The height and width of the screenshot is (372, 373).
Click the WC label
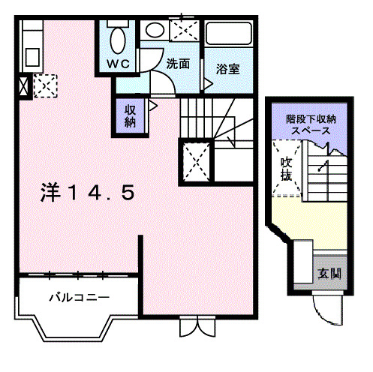pyautogui.click(x=118, y=64)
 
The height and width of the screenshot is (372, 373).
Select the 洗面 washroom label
pyautogui.click(x=179, y=64)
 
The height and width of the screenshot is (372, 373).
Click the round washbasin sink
pyautogui.click(x=154, y=31)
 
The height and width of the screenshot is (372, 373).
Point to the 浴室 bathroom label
pyautogui.click(x=227, y=68)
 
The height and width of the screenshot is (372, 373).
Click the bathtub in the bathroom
pyautogui.click(x=229, y=36)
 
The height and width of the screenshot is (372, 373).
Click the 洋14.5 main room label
pyautogui.click(x=88, y=193)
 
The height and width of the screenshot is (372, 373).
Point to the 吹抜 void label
pyautogui.click(x=286, y=169)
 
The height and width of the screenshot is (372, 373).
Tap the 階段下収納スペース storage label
pyautogui.click(x=310, y=124)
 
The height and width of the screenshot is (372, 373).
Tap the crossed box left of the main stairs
pyautogui.click(x=197, y=160)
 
